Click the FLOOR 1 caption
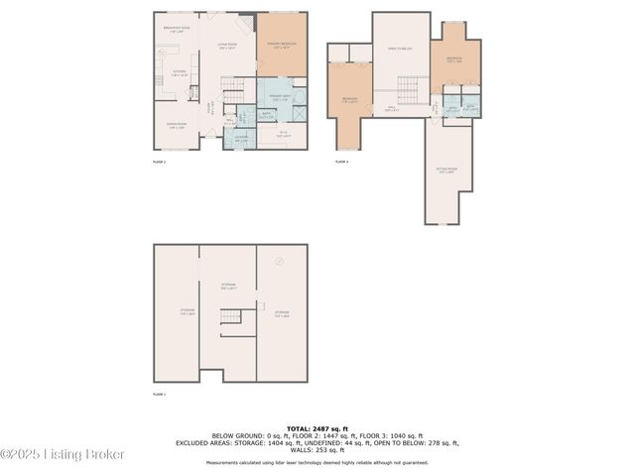click(159, 394)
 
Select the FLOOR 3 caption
click(341, 161)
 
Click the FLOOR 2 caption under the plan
click(159, 161)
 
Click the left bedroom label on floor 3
click(349, 99)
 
